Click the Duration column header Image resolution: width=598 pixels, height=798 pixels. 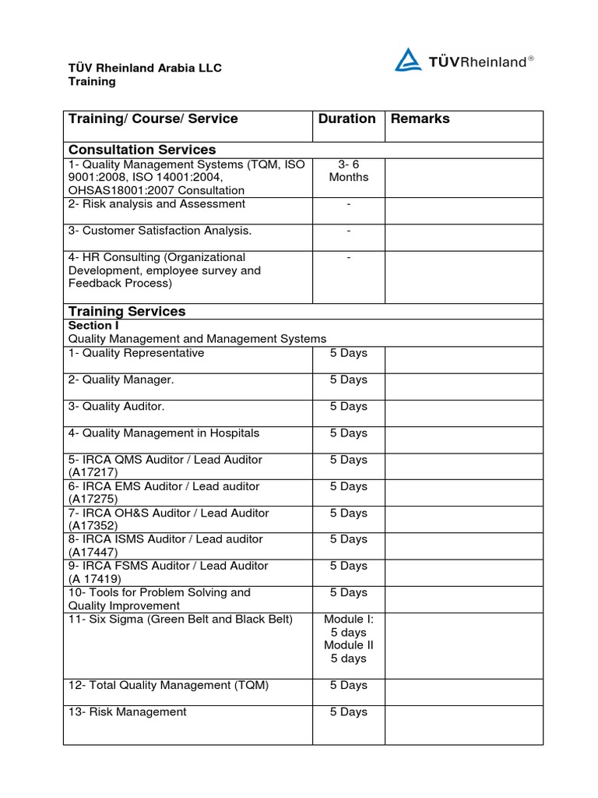coord(347,118)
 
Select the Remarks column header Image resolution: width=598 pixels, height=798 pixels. coord(420,118)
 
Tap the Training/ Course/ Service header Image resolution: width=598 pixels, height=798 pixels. coord(153,118)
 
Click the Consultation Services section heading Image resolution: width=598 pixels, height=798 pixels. coord(142,150)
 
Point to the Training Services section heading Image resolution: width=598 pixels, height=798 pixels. coord(127,311)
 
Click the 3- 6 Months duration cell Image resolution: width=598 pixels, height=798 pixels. coord(348,171)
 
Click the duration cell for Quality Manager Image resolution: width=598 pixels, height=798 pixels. coord(348,380)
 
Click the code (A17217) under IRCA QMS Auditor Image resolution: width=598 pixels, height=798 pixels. coord(93,473)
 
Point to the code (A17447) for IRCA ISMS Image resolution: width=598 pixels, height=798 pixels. coord(93,553)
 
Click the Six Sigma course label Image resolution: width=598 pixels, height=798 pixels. coord(181,620)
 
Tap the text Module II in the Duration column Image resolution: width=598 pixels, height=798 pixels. coord(348,645)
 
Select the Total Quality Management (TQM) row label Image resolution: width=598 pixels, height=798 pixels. coord(168,685)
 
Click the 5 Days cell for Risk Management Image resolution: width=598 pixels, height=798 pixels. coord(348,711)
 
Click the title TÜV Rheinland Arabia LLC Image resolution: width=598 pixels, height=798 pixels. coord(145,68)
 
